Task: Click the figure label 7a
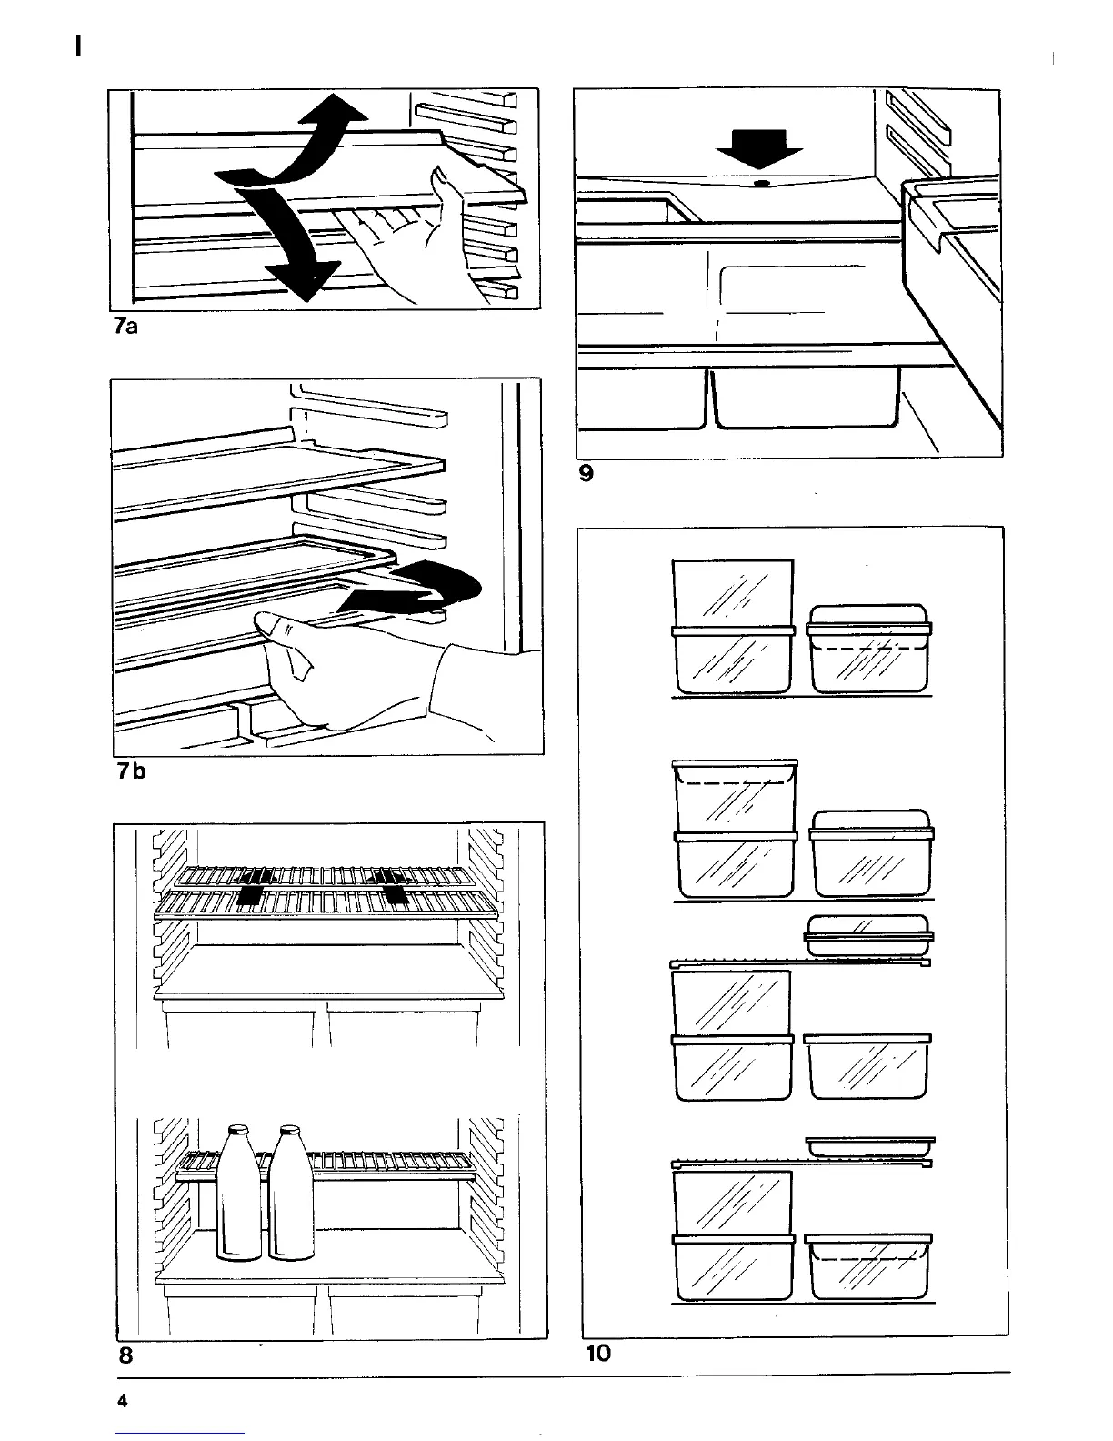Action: coord(125,327)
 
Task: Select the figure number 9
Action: coord(587,473)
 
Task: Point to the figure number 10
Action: coord(598,1353)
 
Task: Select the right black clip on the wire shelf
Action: coord(391,886)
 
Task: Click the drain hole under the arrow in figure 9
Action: coord(759,183)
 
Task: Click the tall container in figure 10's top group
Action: coord(732,628)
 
